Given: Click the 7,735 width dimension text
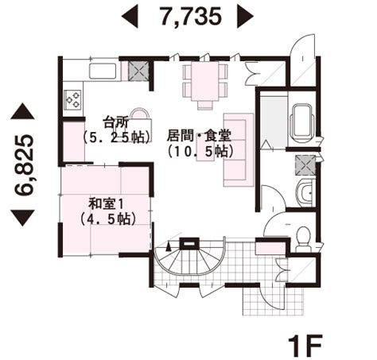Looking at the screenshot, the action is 191,17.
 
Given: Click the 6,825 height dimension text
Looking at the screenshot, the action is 24,165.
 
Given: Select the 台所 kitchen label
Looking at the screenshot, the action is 116,122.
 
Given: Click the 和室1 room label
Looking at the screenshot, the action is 106,204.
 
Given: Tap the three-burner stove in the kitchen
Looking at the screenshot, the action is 73,99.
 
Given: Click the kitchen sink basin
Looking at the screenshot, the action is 103,71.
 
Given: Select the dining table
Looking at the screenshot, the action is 205,81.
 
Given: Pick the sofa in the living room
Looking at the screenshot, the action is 239,149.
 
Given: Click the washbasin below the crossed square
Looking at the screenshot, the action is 305,192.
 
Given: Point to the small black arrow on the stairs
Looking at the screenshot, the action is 168,247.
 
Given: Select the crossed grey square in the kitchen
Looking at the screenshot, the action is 138,71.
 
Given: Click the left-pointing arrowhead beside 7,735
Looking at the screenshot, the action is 130,17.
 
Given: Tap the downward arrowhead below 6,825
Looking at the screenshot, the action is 23,218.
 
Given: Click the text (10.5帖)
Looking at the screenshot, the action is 200,151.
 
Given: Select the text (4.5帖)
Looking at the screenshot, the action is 108,219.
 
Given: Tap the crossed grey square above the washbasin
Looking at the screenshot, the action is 305,165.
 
